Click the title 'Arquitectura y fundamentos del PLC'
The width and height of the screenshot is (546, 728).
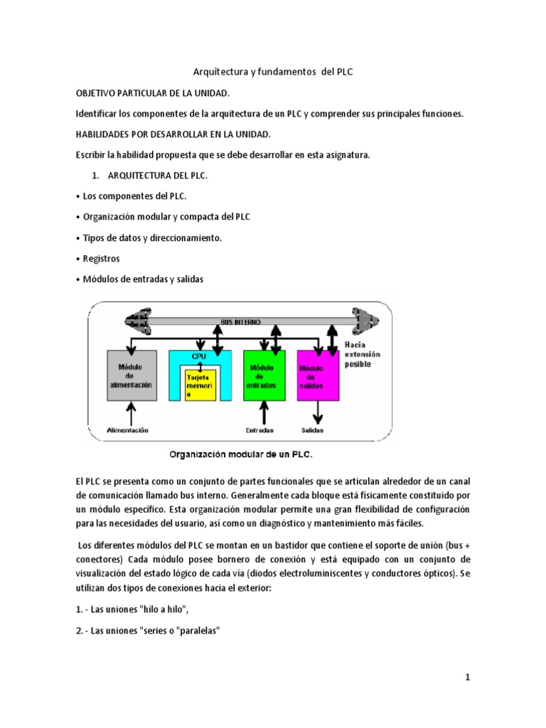[x=273, y=73]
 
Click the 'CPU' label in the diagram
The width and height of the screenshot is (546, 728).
[x=198, y=356]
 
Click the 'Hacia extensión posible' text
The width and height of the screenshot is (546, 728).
[x=363, y=353]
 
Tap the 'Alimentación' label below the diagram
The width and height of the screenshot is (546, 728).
[x=128, y=430]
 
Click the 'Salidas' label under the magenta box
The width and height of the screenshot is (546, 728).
[x=313, y=430]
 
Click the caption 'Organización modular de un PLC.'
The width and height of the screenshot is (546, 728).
[x=240, y=453]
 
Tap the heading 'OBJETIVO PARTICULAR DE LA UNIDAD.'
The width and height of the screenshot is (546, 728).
[x=153, y=94]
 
